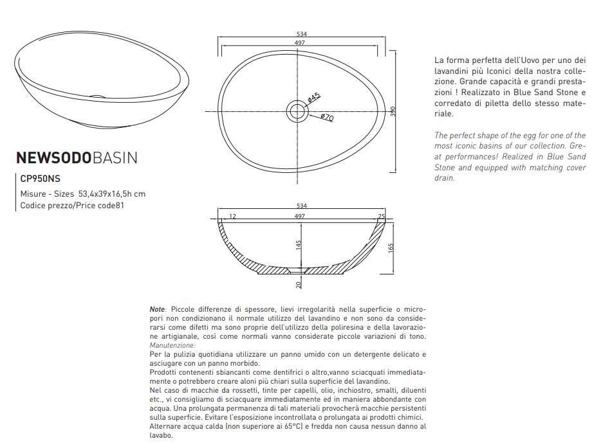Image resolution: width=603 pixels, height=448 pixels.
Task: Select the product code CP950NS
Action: click(x=41, y=179)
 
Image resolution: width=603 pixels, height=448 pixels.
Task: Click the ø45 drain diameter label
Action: click(x=313, y=98)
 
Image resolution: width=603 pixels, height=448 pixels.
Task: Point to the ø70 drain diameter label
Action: click(x=327, y=118)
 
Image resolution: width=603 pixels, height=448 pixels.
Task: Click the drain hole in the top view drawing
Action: click(x=297, y=111)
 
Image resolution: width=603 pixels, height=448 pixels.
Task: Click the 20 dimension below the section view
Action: click(x=299, y=284)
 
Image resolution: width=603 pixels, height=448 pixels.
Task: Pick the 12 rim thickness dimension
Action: click(x=232, y=217)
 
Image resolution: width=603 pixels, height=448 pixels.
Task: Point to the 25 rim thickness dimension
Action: click(x=381, y=217)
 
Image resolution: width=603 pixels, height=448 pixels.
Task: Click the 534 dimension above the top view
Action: click(x=301, y=34)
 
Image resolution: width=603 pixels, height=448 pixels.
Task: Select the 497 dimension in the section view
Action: click(x=299, y=217)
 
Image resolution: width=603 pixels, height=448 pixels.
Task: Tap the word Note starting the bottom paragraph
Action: click(x=157, y=309)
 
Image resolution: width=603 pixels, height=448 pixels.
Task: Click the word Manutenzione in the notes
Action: click(x=172, y=345)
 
